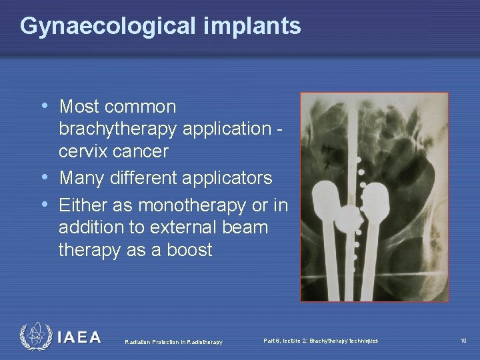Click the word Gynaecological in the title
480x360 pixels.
(107, 27)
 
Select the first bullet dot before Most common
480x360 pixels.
(45, 106)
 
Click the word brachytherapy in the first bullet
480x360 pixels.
(123, 129)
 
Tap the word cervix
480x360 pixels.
(87, 151)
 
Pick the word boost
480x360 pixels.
(189, 250)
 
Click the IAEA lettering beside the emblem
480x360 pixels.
(79, 337)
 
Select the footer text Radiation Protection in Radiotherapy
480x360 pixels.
(173, 342)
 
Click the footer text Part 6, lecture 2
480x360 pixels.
(320, 341)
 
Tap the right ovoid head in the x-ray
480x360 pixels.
(375, 198)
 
